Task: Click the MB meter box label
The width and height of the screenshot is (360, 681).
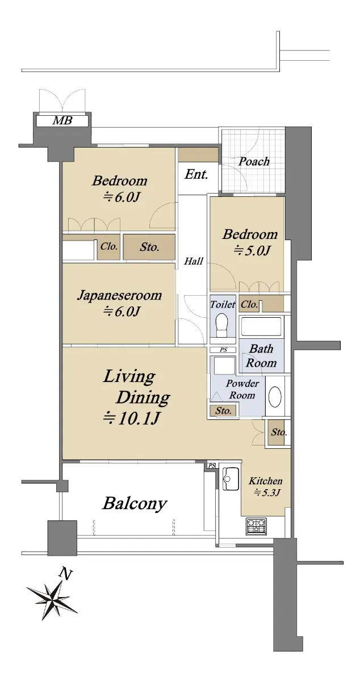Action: pyautogui.click(x=62, y=120)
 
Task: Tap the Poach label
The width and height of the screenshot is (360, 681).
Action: pyautogui.click(x=254, y=161)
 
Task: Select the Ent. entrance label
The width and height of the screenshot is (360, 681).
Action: pyautogui.click(x=196, y=174)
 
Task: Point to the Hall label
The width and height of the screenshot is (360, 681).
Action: pyautogui.click(x=194, y=261)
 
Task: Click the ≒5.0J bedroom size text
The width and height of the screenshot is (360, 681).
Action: pyautogui.click(x=252, y=250)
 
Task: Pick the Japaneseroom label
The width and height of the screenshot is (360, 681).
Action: pyautogui.click(x=119, y=296)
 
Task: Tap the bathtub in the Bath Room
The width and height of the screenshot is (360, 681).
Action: pyautogui.click(x=261, y=327)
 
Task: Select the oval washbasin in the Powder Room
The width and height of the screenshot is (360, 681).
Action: pyautogui.click(x=275, y=396)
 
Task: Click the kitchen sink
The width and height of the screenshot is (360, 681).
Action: pyautogui.click(x=231, y=478)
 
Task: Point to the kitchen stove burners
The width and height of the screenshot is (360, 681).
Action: pyautogui.click(x=256, y=526)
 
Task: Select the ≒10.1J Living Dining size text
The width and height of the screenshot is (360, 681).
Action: pyautogui.click(x=132, y=418)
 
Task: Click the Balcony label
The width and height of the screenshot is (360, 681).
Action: pyautogui.click(x=135, y=503)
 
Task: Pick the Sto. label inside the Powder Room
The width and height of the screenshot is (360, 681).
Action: pyautogui.click(x=223, y=411)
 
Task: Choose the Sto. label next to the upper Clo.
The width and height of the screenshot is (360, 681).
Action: pyautogui.click(x=149, y=247)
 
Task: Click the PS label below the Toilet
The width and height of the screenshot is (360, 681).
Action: pyautogui.click(x=223, y=350)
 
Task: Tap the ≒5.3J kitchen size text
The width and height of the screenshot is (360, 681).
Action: pyautogui.click(x=267, y=492)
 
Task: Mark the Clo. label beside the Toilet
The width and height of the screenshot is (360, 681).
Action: pyautogui.click(x=249, y=304)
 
